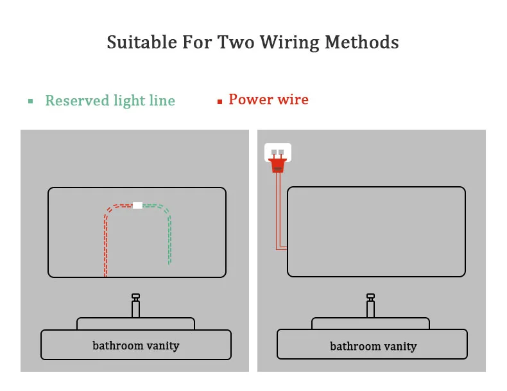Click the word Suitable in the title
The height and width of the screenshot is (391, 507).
(x=139, y=43)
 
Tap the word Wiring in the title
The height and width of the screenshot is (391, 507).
(x=287, y=43)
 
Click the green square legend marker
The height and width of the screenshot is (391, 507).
(x=30, y=101)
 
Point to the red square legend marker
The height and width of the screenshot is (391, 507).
(x=219, y=101)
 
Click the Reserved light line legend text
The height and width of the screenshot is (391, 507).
(x=110, y=101)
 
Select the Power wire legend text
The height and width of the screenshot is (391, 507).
(x=268, y=100)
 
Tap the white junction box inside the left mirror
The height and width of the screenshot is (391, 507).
(x=137, y=205)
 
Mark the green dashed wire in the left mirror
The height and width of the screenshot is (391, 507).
(x=169, y=238)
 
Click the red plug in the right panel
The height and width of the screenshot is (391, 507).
(x=278, y=166)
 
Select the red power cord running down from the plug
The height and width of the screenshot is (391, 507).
(x=277, y=212)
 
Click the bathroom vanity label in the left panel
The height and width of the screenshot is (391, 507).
(x=135, y=345)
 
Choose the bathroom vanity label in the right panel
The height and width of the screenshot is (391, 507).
(x=373, y=347)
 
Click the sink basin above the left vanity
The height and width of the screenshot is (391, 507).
(x=135, y=324)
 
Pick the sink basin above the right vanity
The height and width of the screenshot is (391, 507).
(x=371, y=324)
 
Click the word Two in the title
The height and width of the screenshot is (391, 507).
(x=237, y=43)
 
